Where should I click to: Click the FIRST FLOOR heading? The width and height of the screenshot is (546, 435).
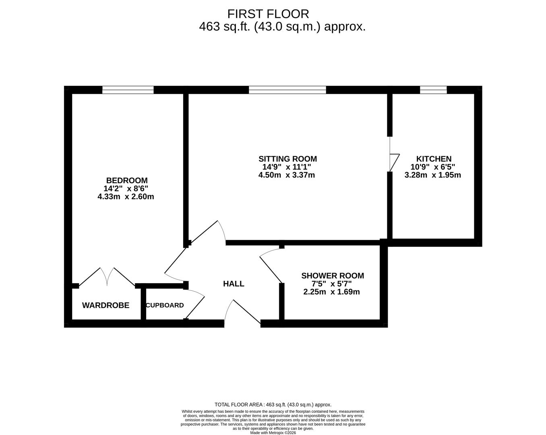pos(268,14)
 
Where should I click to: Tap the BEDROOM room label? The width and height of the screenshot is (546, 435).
pos(126,180)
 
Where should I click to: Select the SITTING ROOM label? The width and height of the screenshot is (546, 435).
pos(287,159)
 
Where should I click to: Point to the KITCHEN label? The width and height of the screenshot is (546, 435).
pos(434,159)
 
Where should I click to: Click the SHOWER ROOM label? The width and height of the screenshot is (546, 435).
pos(332,275)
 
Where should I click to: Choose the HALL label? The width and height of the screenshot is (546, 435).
pos(234,284)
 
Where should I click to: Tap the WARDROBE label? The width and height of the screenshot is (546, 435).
pos(105,305)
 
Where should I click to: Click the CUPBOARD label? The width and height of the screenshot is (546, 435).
pos(165,305)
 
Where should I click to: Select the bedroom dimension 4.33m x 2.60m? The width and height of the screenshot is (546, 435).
pos(126,197)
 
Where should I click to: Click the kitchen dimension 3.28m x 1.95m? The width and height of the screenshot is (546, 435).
pos(432,175)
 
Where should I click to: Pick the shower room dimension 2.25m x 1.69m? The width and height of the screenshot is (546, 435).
pos(331,292)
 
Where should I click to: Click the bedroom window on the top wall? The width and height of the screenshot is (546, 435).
pos(128,90)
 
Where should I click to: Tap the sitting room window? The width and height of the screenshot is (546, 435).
pos(287,90)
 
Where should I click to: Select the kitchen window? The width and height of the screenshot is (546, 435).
pos(433,90)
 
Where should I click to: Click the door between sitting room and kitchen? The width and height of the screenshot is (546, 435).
pos(393,155)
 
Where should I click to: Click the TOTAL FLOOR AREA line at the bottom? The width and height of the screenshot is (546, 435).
pos(273,405)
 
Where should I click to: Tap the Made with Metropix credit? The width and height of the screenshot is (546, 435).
pos(273,433)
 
